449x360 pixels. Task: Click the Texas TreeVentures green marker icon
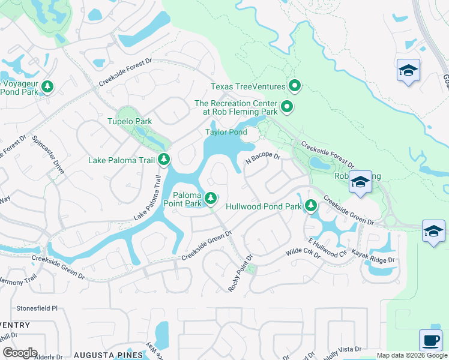pos(294,86)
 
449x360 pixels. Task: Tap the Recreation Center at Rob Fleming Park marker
pos(287,108)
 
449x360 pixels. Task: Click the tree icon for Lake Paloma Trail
pos(163,160)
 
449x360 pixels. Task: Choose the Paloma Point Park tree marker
pos(210,197)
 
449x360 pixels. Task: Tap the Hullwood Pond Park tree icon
pos(310,206)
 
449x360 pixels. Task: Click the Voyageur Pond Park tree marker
pos(47,88)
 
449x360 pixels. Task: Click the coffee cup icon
pos(430,340)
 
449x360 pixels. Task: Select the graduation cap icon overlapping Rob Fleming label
pos(360,182)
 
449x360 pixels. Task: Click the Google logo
pos(19,353)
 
